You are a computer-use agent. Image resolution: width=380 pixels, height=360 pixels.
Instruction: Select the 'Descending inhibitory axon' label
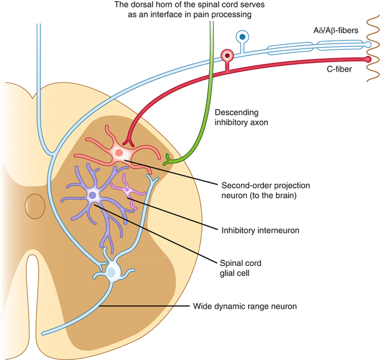point(242,117)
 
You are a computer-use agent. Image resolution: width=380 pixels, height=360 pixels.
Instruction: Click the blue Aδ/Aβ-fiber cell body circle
point(242,37)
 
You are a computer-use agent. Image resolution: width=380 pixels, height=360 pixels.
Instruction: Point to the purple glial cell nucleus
point(93,196)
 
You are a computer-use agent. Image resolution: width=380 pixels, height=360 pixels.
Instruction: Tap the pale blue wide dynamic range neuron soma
point(113,271)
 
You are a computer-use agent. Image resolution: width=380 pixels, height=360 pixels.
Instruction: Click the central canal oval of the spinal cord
point(33,204)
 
